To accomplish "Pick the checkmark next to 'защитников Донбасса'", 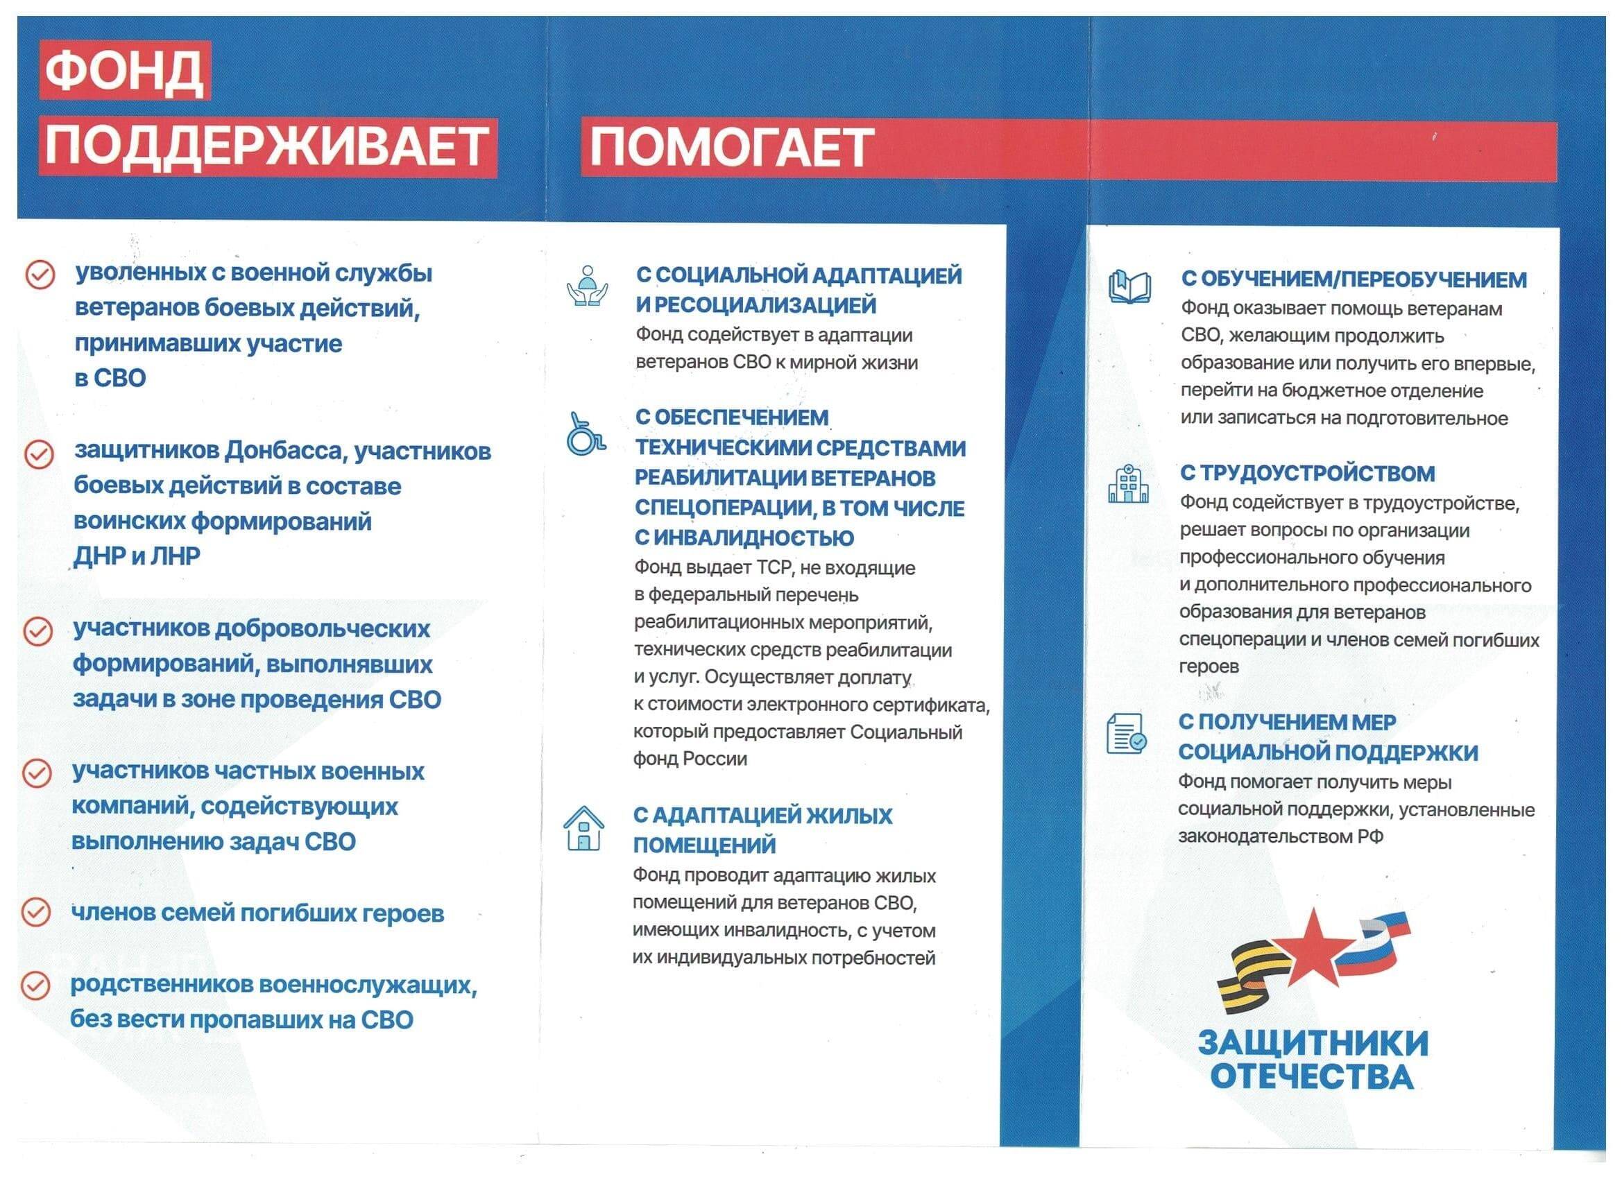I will click(39, 454).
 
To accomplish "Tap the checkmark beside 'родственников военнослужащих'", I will click(35, 986).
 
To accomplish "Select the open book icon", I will click(1129, 287).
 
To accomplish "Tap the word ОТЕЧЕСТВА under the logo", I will click(1312, 1077).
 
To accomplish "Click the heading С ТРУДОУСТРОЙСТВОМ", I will click(1306, 473).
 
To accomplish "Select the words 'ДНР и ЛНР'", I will click(137, 556).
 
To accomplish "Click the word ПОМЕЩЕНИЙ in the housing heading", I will click(704, 845).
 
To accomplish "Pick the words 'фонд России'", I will click(690, 759).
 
